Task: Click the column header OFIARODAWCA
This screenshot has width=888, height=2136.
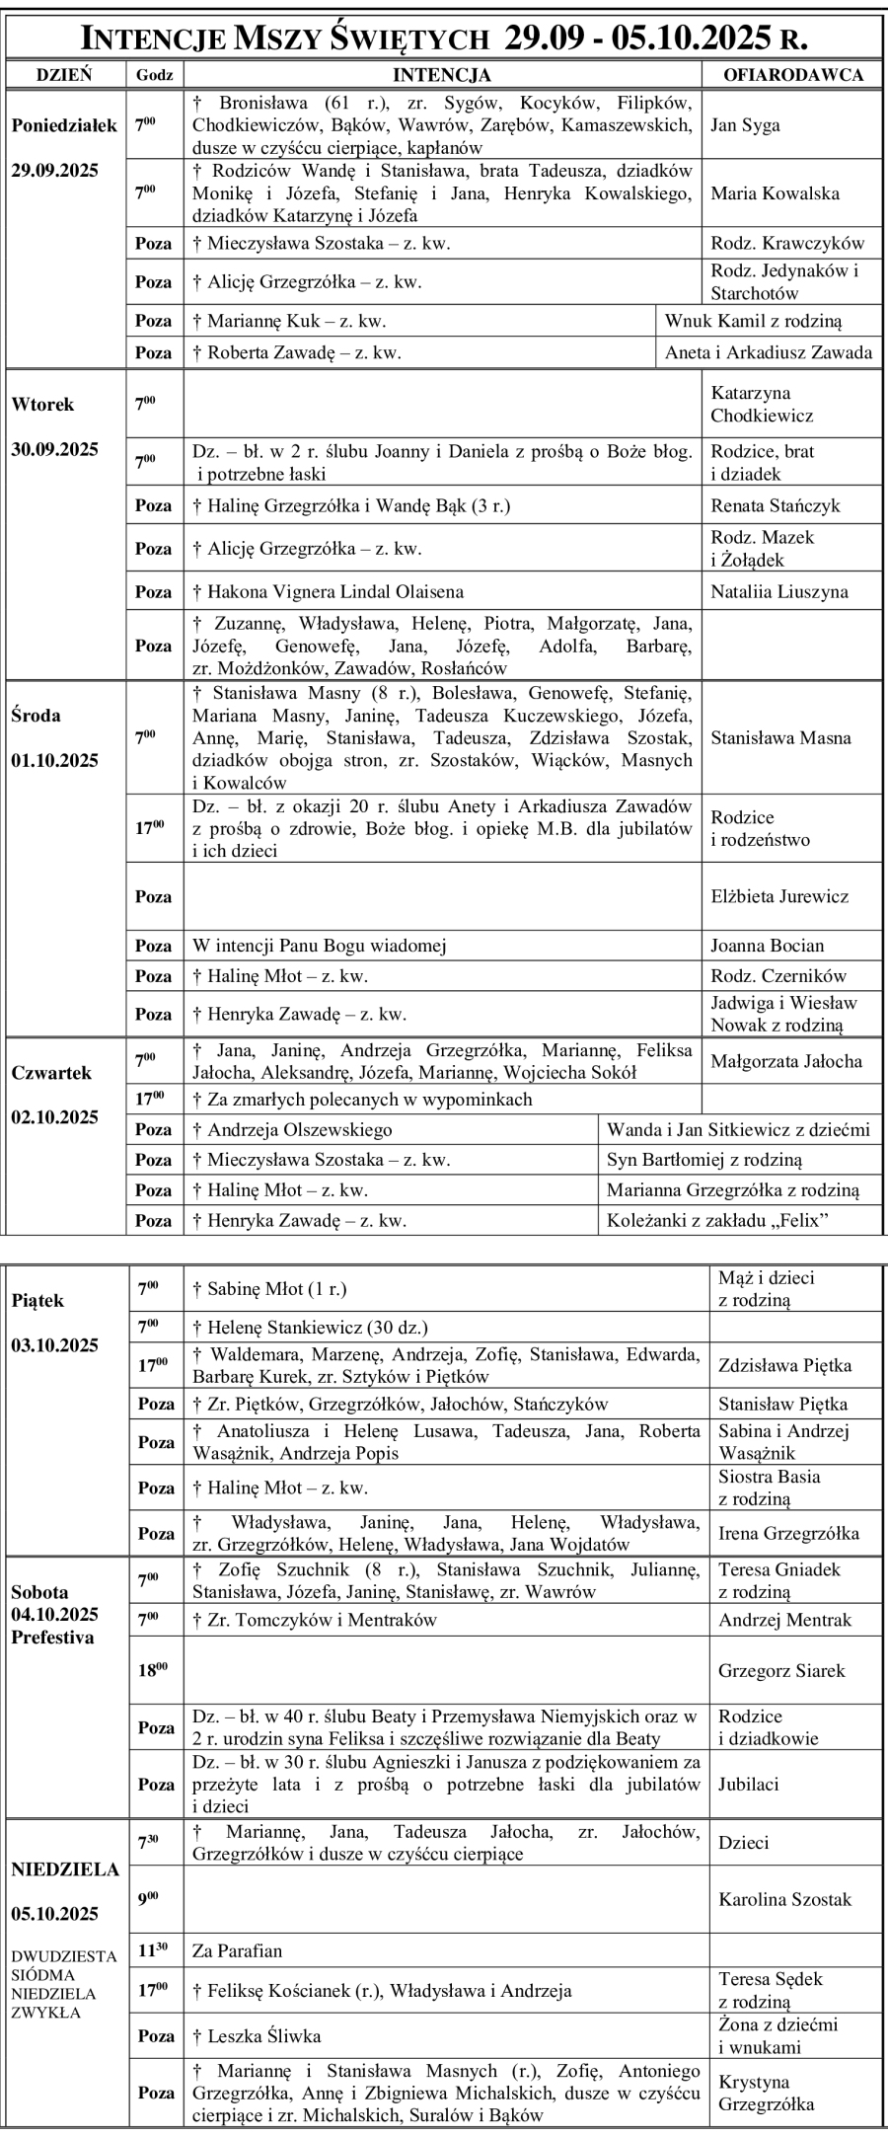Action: pos(793,74)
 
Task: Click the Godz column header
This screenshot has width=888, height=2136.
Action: pos(155,74)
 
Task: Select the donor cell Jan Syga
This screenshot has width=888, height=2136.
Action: pos(745,125)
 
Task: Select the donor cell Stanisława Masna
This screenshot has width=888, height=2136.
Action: pos(780,737)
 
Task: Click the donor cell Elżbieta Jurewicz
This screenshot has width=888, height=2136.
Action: pos(779,896)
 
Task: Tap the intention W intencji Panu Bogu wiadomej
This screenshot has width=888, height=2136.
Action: pos(320,946)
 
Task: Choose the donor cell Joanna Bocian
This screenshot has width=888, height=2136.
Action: pos(767,946)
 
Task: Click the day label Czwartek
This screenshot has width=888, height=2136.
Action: pos(51,1073)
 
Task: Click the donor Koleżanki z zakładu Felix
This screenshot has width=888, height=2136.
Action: pos(717,1221)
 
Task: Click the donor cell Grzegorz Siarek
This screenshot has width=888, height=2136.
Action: pos(781,1671)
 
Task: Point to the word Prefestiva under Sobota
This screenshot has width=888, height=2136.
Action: pos(53,1638)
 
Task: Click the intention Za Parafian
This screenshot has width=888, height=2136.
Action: pos(237,1950)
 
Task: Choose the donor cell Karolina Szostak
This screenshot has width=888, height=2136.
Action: pos(784,1899)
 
